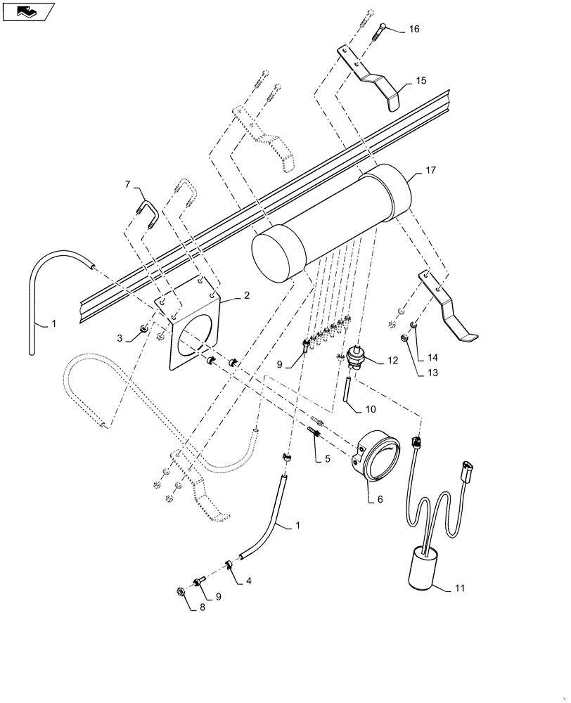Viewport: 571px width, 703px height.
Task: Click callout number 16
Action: pyautogui.click(x=413, y=29)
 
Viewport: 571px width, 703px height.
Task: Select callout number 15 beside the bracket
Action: pyautogui.click(x=421, y=81)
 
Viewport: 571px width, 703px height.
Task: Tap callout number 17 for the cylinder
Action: pyautogui.click(x=430, y=170)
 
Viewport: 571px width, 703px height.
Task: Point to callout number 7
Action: pyautogui.click(x=128, y=184)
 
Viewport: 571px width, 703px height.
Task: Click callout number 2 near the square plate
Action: pyautogui.click(x=247, y=296)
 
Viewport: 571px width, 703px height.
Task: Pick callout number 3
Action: pyautogui.click(x=120, y=338)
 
